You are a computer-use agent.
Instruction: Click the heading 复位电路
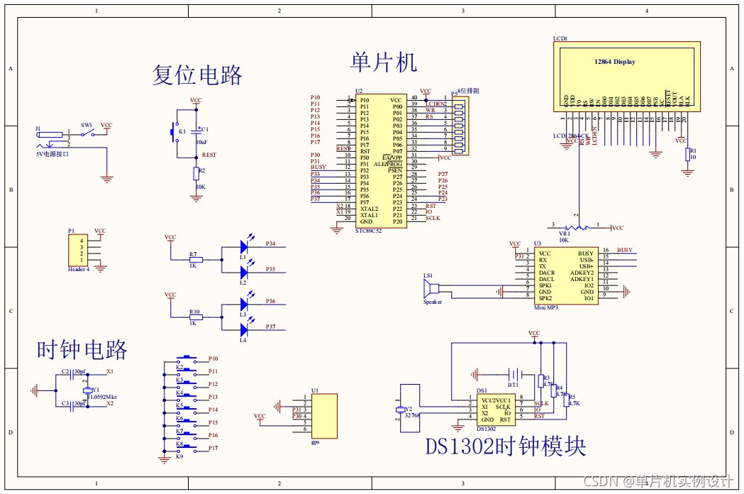point(197,75)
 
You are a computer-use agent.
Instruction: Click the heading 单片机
point(383,62)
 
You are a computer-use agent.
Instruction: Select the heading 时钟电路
point(82,350)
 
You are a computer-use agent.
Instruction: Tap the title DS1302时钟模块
point(506,446)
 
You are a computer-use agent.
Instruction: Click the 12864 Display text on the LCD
point(614,62)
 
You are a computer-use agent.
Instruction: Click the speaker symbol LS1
point(428,290)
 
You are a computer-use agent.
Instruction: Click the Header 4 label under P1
point(78,270)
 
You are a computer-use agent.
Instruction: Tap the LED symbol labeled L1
point(245,247)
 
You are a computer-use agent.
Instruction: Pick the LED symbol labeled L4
point(245,329)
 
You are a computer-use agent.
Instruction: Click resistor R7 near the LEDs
point(196,260)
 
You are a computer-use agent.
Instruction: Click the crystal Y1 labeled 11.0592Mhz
point(87,390)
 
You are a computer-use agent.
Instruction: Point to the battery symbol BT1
point(516,374)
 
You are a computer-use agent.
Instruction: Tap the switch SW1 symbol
point(87,133)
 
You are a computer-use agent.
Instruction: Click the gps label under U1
point(316,441)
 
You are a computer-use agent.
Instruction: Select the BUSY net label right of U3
point(625,251)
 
